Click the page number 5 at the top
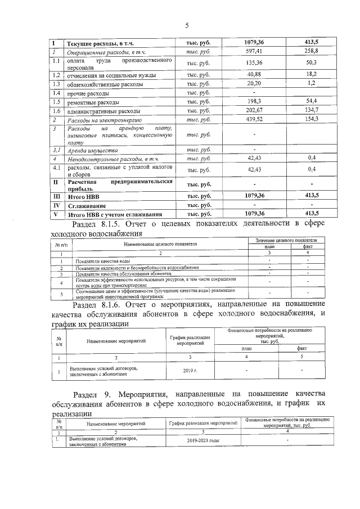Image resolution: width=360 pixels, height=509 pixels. (186, 25)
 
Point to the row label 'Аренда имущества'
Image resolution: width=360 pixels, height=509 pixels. (93, 150)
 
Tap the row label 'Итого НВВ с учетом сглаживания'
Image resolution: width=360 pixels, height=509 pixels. (115, 214)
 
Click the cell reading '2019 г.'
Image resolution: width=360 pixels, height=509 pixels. (190, 370)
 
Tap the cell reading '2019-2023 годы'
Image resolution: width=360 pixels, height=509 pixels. (204, 441)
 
